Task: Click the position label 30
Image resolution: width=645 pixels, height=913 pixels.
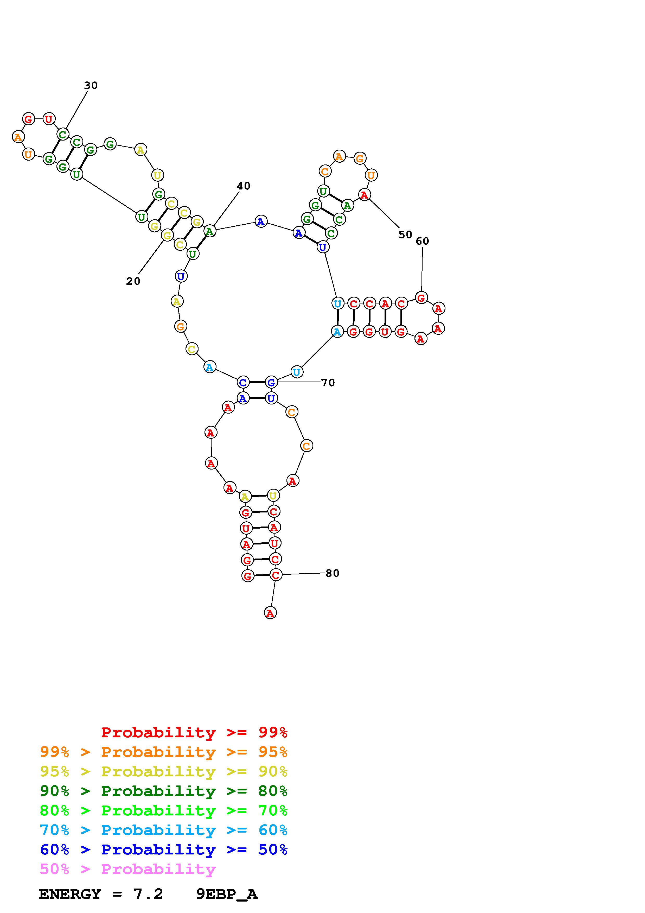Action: pos(91,85)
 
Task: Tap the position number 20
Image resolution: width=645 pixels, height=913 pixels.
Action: pos(133,281)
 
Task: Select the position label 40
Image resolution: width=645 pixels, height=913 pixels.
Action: pos(243,186)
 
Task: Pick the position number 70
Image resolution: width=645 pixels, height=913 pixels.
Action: pos(328,383)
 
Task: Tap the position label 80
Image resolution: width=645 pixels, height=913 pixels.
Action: pos(332,573)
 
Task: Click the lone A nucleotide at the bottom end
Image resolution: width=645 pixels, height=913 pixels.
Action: pos(270,613)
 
